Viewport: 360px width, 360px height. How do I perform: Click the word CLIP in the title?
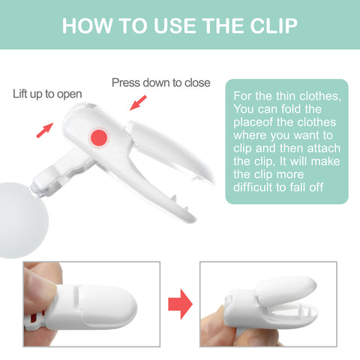point(274,25)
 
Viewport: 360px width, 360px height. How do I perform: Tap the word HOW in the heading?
point(87,25)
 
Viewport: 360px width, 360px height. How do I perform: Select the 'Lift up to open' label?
point(47,94)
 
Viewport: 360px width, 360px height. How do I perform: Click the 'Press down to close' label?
point(160,82)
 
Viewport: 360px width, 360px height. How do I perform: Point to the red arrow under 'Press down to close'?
point(138,103)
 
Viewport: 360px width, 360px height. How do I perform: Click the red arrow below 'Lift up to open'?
point(45,130)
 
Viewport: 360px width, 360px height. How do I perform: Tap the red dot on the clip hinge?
point(99,137)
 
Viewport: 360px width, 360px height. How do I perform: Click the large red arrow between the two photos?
point(180,304)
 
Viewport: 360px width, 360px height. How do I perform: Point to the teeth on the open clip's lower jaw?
point(180,203)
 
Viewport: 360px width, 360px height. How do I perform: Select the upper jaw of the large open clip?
point(170,150)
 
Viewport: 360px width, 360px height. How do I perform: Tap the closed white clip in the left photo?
point(91,307)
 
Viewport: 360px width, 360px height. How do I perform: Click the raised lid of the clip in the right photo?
point(285,290)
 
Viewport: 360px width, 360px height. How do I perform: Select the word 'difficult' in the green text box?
point(253,187)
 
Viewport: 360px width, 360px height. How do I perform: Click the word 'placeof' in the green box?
point(253,122)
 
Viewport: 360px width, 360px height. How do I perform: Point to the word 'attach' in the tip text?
point(323,148)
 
